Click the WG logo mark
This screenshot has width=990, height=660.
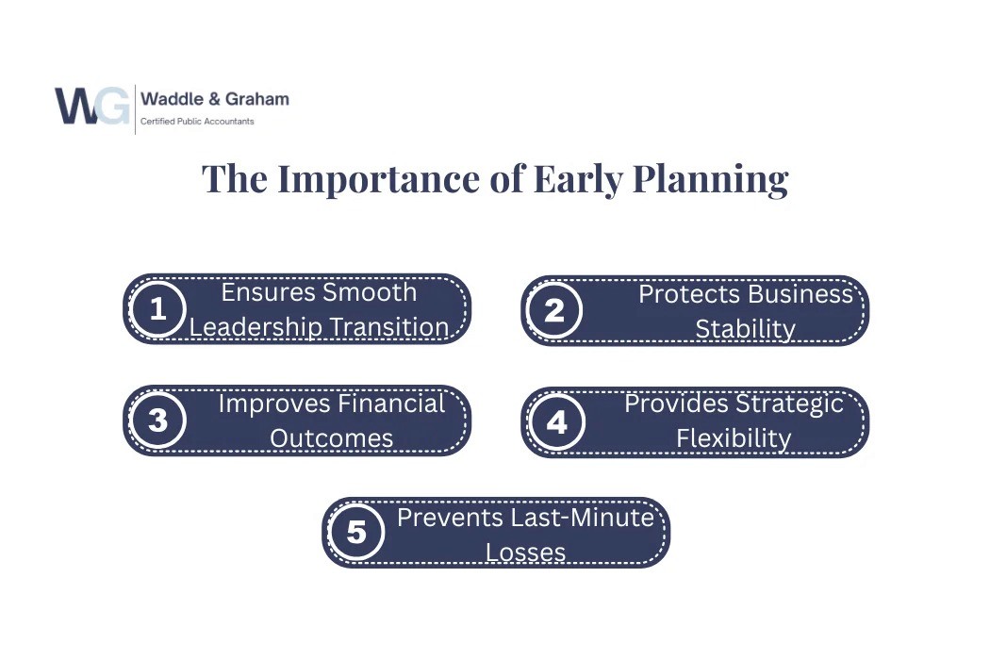point(91,106)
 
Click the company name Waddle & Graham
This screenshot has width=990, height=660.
point(215,98)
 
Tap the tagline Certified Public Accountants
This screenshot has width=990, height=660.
point(197,122)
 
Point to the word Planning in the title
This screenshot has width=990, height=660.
point(709,179)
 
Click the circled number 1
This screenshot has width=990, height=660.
point(157,309)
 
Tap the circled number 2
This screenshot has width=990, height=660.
point(554,310)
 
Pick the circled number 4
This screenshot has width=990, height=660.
point(556,421)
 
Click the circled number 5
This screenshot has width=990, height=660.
point(355,533)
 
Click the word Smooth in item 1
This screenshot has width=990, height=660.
point(369,292)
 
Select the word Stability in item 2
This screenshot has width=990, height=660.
point(745,329)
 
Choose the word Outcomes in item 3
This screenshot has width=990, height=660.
point(331,438)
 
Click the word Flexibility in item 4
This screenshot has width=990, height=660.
point(734,438)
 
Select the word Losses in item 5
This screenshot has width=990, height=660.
point(525,552)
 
